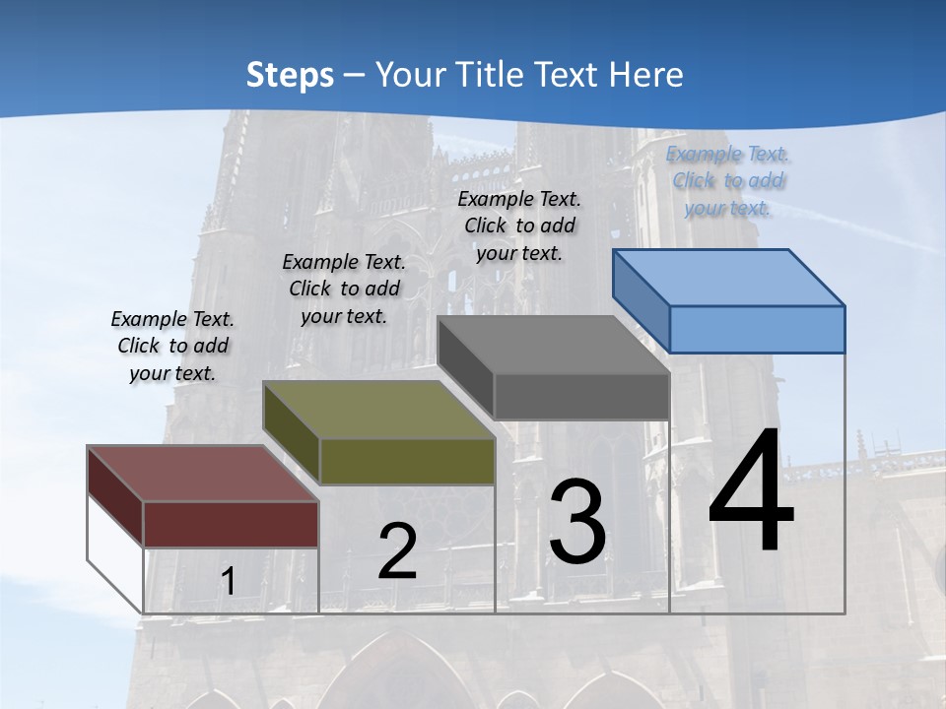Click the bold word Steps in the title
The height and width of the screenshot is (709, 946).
pos(290,74)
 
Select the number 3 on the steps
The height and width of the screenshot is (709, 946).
pos(577,521)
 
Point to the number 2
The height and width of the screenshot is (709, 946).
pos(397,551)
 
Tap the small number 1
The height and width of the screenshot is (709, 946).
pos(229,582)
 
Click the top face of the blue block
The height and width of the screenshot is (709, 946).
pos(729,277)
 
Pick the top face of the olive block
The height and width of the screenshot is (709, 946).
pos(379,410)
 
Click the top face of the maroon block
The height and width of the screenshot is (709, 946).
pos(202,474)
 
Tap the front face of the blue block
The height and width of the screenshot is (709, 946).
pos(757,329)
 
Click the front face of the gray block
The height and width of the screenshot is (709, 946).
pos(581,396)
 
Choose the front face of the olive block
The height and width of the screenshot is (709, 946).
pos(407,462)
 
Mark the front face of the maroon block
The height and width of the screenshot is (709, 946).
pos(231,524)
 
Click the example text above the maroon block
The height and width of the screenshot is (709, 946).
pos(172,346)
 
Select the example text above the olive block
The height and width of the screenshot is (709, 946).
pos(344,289)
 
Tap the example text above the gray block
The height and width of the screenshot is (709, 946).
pos(519,226)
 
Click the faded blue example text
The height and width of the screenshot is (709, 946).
pos(728,180)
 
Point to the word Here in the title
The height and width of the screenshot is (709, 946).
pos(647,74)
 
